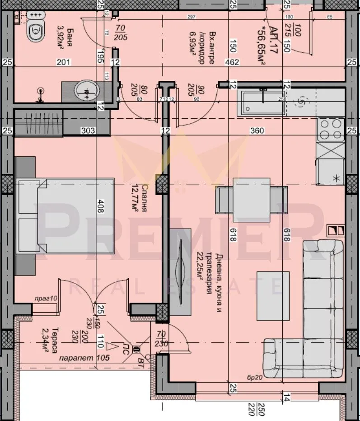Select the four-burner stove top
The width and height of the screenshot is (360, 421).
click(331, 129)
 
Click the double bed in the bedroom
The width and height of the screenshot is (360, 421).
click(65, 215)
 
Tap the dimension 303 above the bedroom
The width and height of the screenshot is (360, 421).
click(88, 131)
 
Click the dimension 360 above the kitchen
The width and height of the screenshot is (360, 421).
click(257, 131)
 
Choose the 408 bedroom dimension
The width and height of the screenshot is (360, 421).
click(101, 209)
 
